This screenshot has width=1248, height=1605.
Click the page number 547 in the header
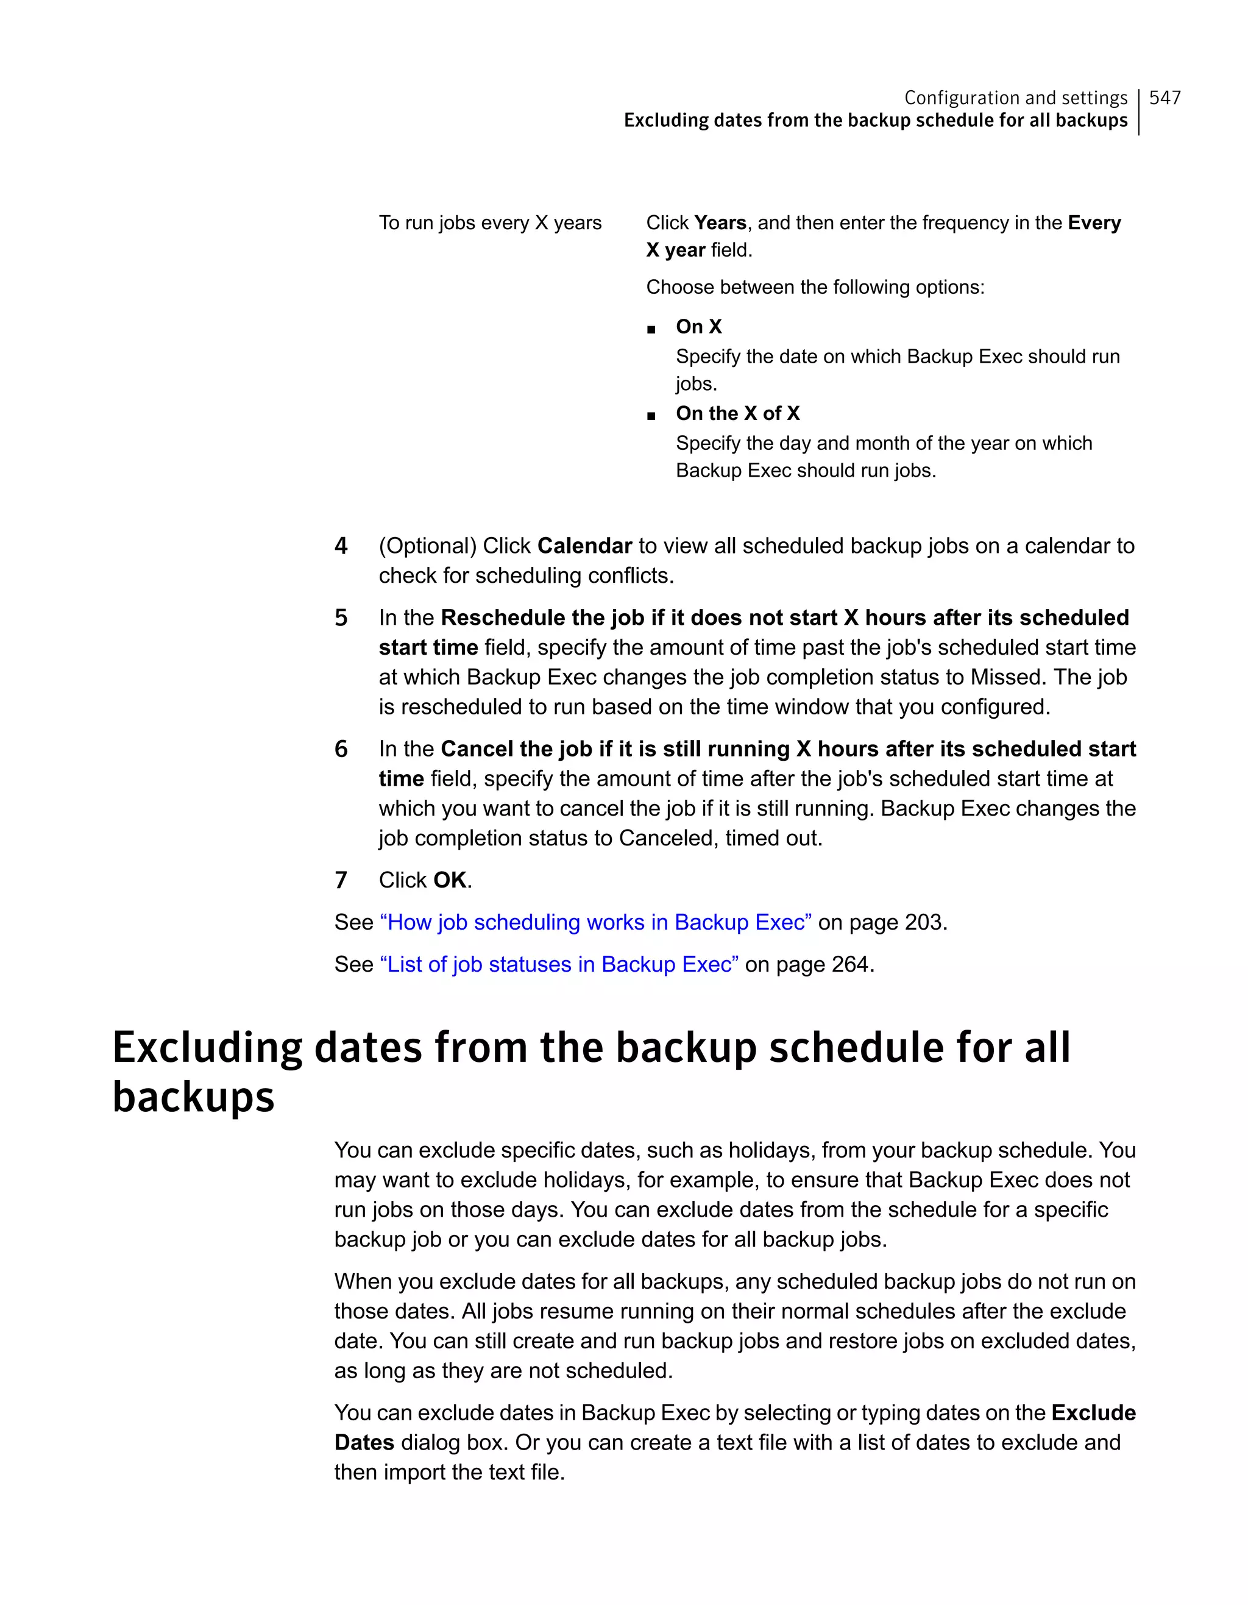pos(1165,98)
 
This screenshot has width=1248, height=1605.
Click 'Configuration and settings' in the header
pos(1015,98)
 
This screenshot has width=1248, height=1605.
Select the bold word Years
pos(720,222)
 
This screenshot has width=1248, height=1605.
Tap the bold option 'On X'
pos(698,326)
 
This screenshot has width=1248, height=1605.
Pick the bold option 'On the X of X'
pos(737,413)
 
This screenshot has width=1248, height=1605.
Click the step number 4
pos(341,546)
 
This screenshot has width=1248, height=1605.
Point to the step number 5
pos(341,618)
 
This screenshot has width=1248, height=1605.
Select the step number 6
pos(341,749)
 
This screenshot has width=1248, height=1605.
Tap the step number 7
pos(341,880)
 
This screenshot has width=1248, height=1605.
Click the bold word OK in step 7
pos(450,880)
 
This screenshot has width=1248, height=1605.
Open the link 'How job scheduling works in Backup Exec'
pos(595,922)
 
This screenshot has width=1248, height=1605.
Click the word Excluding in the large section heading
pos(207,1048)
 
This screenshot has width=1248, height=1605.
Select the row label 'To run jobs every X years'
pos(490,222)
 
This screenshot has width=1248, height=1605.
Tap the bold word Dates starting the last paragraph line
pos(364,1443)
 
